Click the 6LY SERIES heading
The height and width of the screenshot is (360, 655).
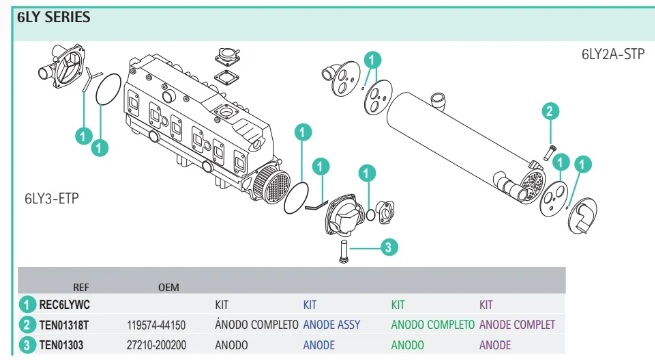53,17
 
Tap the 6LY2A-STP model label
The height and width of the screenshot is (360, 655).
613,54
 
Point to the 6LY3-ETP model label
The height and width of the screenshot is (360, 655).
52,198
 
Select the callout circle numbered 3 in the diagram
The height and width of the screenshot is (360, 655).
388,247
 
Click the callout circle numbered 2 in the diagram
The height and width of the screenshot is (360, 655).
550,111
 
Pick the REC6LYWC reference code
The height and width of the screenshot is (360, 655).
64,305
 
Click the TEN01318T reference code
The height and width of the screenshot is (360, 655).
64,325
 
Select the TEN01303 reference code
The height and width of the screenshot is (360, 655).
61,345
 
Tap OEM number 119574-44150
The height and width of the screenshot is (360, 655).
156,325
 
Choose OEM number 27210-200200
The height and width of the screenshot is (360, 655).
157,345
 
